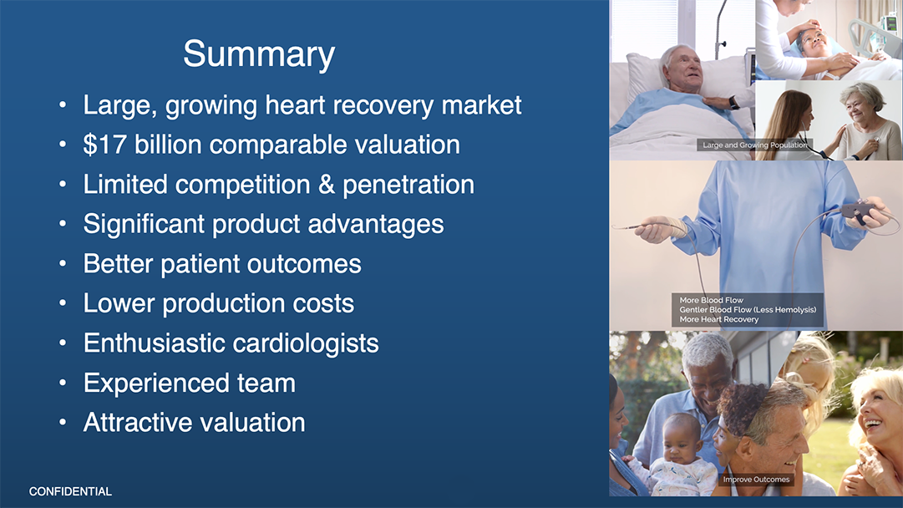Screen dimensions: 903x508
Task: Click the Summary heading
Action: (259, 54)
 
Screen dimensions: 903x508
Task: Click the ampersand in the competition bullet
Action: (327, 185)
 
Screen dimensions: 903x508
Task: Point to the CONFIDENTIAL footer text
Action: (70, 491)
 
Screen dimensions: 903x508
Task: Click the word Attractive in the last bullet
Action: (138, 422)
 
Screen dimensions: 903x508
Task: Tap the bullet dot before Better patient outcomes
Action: (62, 264)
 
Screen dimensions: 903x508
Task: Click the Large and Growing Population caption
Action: (755, 145)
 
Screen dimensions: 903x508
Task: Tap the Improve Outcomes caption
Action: (756, 480)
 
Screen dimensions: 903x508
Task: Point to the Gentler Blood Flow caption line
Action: (748, 310)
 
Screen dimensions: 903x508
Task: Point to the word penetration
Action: (408, 185)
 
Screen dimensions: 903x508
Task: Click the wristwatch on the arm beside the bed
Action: (733, 104)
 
